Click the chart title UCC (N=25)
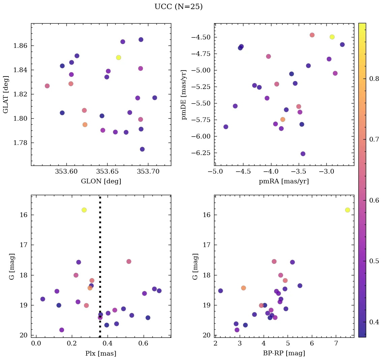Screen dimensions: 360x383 tap(178, 7)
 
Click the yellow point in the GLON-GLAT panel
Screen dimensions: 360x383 tap(118, 58)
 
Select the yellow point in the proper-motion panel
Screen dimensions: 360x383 tap(332, 37)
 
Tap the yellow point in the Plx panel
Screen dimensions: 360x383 tap(84, 210)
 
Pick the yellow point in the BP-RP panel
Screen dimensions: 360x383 tap(348, 210)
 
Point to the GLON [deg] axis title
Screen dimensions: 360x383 tap(101, 181)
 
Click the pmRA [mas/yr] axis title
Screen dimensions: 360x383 tap(284, 181)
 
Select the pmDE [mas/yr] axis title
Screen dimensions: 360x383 tap(184, 94)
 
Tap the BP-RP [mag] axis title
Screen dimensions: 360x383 tap(284, 353)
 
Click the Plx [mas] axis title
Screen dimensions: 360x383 tap(101, 353)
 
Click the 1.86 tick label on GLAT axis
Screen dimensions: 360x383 tap(20, 46)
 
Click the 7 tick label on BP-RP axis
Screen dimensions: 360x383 tap(336, 343)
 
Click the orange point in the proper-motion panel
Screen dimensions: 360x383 tap(283, 119)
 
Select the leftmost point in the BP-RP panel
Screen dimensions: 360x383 tap(220, 291)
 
